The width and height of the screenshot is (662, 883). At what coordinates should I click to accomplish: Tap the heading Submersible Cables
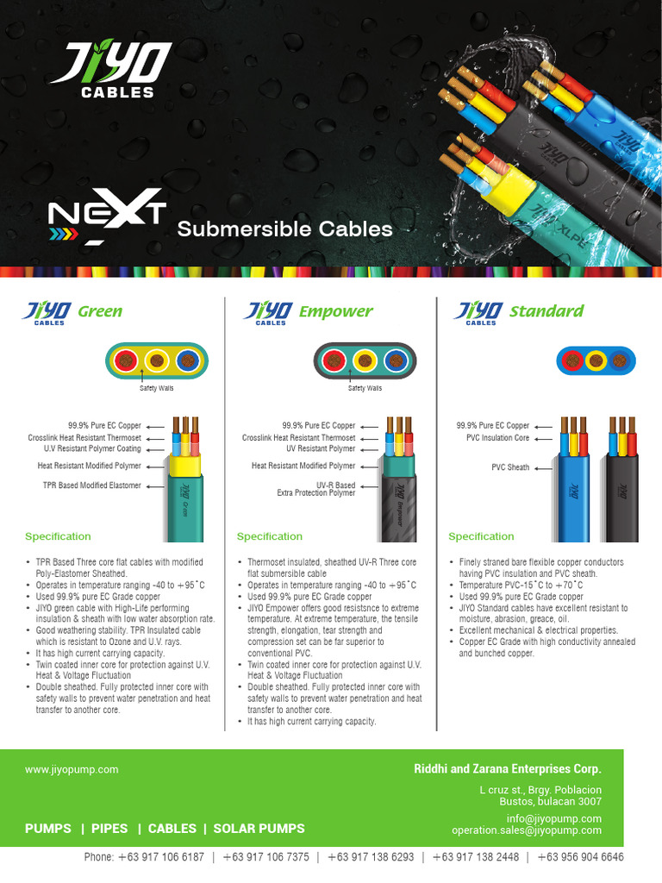tap(284, 229)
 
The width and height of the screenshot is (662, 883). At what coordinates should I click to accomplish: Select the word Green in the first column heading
tap(100, 311)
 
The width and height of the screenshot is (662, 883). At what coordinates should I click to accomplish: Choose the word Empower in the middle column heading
tap(335, 311)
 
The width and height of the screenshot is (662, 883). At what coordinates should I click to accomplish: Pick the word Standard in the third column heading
tap(546, 310)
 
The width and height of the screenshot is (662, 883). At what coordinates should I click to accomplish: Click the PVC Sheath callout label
tap(510, 467)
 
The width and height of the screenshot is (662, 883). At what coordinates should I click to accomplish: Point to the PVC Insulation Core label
tap(498, 437)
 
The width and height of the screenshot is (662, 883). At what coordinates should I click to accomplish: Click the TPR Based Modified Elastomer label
tap(91, 485)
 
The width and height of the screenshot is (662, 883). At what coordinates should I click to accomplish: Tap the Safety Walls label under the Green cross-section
tap(157, 389)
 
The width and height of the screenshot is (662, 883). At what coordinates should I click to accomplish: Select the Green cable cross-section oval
tap(157, 360)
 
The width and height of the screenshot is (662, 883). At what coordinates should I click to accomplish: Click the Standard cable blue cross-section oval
tap(594, 360)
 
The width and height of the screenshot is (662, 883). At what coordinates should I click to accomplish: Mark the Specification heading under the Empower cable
tap(270, 536)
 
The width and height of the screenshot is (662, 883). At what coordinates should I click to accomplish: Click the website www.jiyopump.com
tap(72, 769)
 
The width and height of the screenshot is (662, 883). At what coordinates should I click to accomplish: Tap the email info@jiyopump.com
tap(553, 818)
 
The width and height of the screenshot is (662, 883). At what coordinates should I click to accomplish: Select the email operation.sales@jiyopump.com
tap(526, 830)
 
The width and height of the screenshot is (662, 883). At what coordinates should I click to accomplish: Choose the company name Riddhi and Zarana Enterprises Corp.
tap(508, 769)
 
